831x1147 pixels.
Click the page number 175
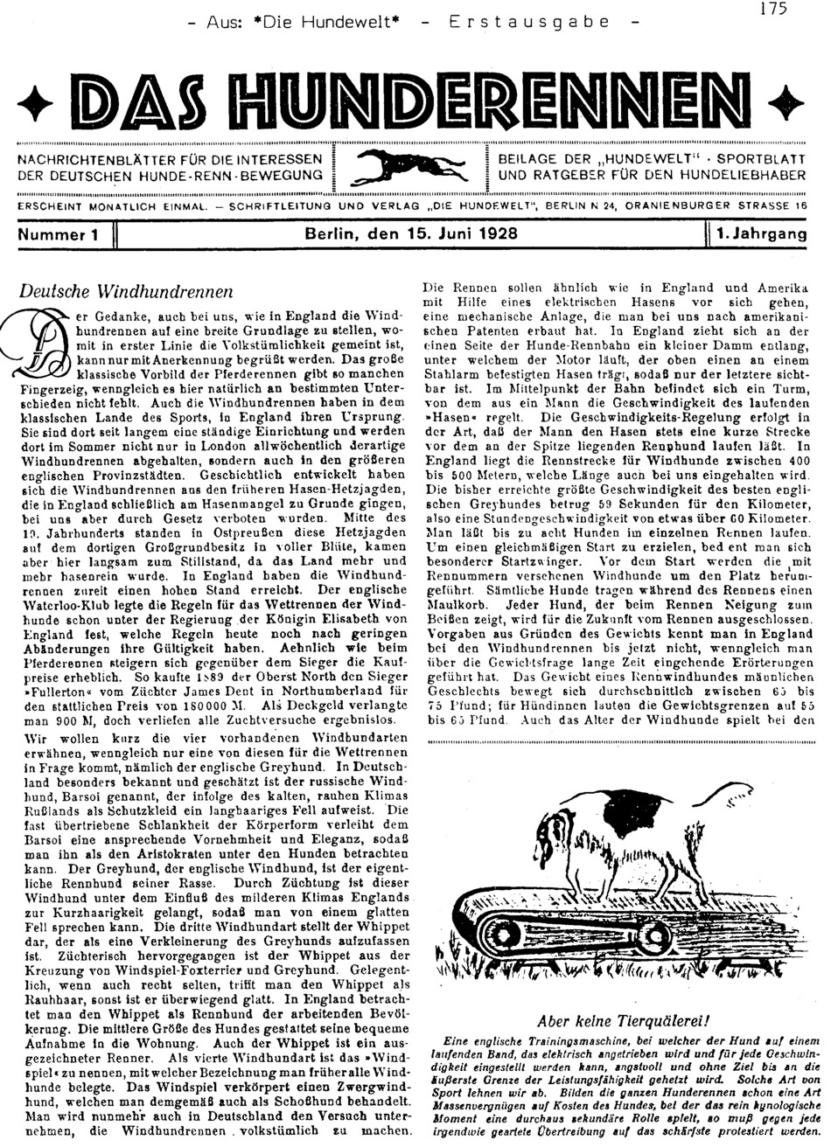pyautogui.click(x=774, y=9)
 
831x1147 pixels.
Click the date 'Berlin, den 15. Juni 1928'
pyautogui.click(x=410, y=234)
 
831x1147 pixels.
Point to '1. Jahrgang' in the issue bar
pyautogui.click(x=760, y=234)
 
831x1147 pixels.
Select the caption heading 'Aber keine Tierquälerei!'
pyautogui.click(x=624, y=1019)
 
